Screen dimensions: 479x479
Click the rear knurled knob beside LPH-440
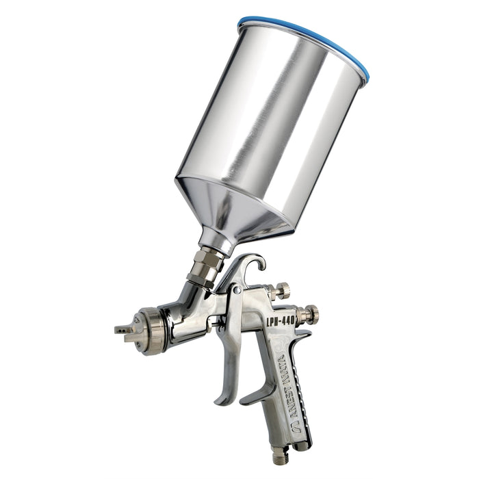coord(309,315)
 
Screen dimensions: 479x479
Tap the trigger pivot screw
coord(235,291)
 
